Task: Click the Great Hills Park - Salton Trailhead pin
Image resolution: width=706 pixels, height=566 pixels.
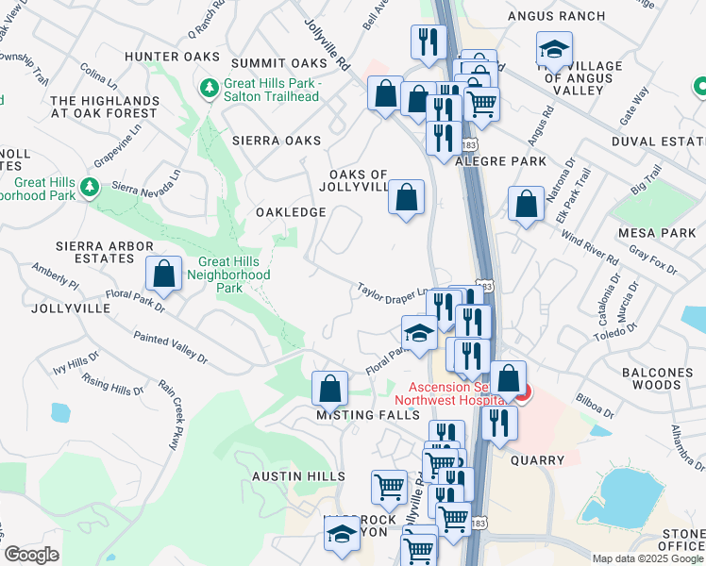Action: coord(209,89)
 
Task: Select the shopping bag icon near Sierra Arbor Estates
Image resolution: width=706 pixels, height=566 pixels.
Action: coord(164,274)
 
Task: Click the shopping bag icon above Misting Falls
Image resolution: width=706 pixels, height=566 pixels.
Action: coord(329,388)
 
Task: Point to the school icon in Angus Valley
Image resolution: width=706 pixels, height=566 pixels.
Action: coord(554,48)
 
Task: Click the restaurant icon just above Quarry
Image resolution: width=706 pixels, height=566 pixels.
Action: coord(499,423)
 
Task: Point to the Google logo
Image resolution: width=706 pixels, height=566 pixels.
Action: coord(32,555)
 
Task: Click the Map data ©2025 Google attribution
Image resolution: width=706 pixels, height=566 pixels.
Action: coord(647,558)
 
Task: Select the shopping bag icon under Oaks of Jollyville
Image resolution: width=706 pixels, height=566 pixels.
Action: coord(406,198)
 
